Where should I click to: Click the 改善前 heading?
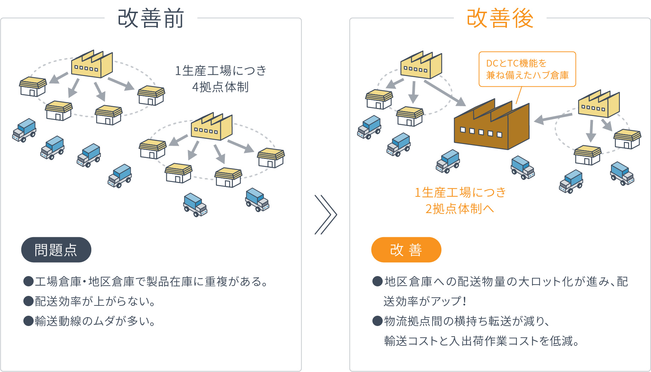151,18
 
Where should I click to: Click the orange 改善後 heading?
500,18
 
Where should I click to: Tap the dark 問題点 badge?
56,250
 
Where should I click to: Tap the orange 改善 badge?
406,250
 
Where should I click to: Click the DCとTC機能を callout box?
527,69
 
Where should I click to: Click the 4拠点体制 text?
220,87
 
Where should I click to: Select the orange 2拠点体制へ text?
459,209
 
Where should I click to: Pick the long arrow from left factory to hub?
445,93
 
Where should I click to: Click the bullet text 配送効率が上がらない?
95,302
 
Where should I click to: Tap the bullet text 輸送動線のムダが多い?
95,321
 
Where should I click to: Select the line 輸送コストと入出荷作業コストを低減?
481,341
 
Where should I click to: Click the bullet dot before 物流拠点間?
378,321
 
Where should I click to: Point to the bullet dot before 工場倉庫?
28,282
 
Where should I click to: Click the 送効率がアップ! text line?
425,302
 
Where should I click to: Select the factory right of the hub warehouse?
599,105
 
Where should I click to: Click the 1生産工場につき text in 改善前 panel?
220,71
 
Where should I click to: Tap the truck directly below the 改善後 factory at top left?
399,144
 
